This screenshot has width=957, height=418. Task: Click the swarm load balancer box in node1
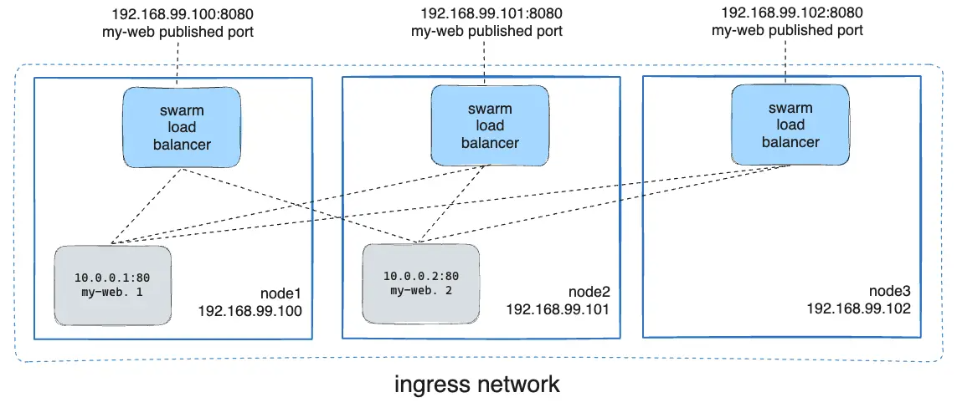click(x=183, y=128)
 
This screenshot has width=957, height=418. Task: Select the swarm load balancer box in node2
click(x=490, y=126)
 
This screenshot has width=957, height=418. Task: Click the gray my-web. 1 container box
click(x=112, y=284)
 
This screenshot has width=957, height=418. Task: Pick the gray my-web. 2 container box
click(x=421, y=283)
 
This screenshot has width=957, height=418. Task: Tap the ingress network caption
click(x=477, y=385)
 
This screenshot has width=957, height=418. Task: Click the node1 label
click(x=280, y=294)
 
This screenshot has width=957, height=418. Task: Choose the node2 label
click(x=589, y=293)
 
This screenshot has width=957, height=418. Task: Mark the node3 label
click(x=889, y=292)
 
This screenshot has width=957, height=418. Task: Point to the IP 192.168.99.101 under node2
click(x=558, y=309)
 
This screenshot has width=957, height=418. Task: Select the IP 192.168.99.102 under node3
click(x=858, y=308)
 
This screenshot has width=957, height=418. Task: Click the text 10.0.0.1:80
click(x=112, y=278)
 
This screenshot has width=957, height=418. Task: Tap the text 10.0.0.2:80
click(x=421, y=276)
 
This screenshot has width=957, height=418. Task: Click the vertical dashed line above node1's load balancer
click(x=178, y=64)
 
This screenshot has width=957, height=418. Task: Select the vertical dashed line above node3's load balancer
click(x=785, y=61)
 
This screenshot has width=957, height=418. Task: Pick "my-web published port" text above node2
click(x=486, y=31)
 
